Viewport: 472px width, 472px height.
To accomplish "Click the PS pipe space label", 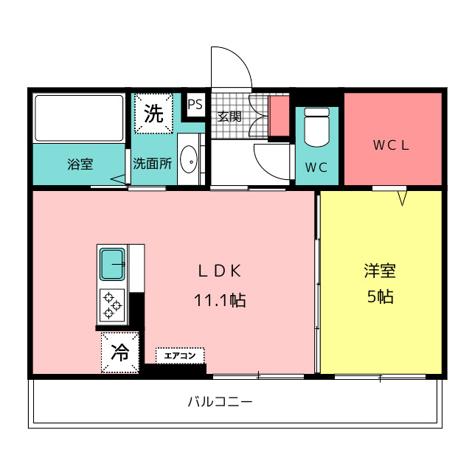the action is [x=195, y=105].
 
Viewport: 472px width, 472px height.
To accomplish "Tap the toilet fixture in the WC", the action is [x=316, y=127].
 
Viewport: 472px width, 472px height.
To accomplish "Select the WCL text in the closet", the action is [x=391, y=145].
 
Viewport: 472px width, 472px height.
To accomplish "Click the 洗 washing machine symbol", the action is [x=153, y=114].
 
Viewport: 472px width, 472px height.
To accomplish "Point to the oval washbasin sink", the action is [x=189, y=159].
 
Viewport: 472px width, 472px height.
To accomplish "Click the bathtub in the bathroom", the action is [x=79, y=118].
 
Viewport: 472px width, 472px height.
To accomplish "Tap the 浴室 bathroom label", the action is [x=80, y=164].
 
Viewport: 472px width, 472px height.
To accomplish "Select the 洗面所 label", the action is [x=153, y=164].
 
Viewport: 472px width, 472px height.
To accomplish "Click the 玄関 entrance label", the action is [x=229, y=117].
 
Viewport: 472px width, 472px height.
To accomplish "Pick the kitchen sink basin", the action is [x=112, y=264].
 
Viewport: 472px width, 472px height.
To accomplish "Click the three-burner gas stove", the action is [x=112, y=305].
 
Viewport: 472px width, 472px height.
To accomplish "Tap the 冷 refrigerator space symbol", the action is [x=120, y=353].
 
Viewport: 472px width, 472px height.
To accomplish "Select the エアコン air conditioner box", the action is [x=180, y=355].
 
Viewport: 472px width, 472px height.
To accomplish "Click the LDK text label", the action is [x=220, y=271].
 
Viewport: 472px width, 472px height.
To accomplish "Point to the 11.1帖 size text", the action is [x=220, y=300].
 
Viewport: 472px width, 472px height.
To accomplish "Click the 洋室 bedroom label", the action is [x=380, y=271].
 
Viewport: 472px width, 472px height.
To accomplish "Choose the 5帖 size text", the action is [x=381, y=296].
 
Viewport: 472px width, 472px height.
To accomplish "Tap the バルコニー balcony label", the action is [x=220, y=401].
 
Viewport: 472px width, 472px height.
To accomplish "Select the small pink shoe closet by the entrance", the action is [x=279, y=116].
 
